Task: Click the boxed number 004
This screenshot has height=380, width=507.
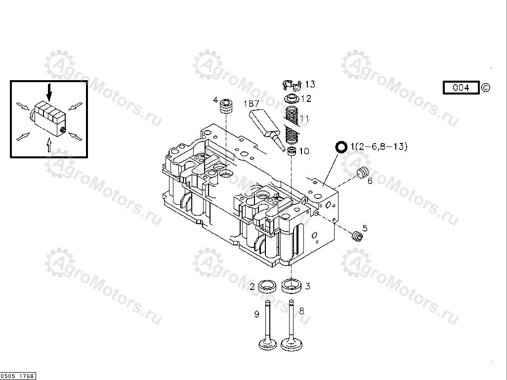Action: pos(461,88)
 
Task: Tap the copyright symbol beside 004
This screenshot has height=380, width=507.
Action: pos(486,88)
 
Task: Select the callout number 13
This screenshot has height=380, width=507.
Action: pos(310,84)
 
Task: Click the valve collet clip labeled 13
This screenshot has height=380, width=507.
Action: pos(292,85)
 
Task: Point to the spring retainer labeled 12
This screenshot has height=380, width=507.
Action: pos(293,98)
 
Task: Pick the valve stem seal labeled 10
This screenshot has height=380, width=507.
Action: pos(293,151)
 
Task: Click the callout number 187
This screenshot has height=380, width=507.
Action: pos(252,103)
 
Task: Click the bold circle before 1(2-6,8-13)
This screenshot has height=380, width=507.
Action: pos(341,147)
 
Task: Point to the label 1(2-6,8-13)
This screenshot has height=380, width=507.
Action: pos(379,146)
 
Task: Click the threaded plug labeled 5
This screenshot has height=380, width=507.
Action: pos(357,237)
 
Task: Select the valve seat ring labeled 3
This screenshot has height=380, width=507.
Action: pos(292,285)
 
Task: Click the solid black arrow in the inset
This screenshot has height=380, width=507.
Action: pos(49,92)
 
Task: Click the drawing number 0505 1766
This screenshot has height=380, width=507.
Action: pos(18,376)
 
